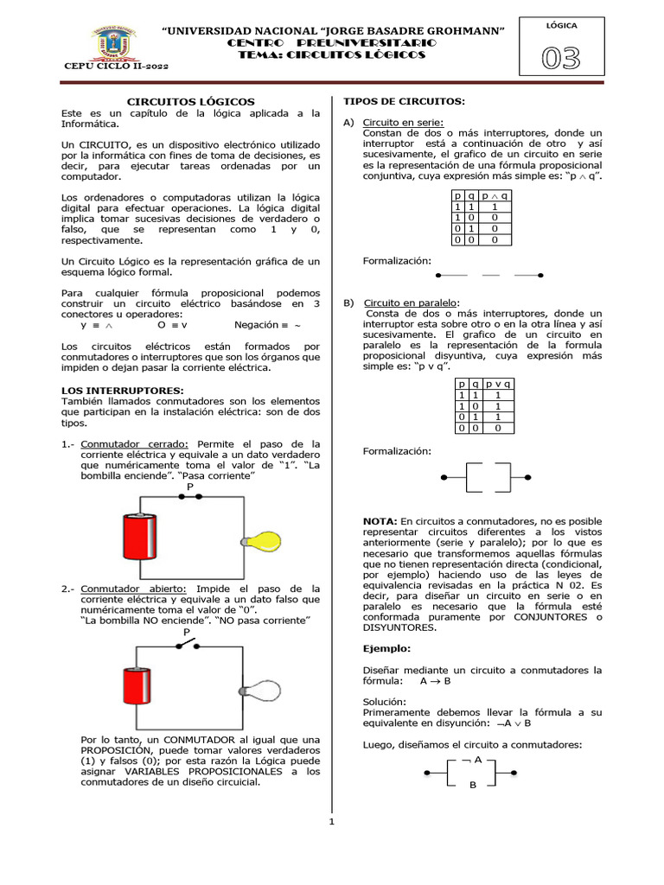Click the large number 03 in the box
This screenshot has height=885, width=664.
click(560, 59)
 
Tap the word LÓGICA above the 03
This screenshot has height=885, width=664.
click(561, 26)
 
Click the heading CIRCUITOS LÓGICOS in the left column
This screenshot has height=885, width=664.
click(191, 101)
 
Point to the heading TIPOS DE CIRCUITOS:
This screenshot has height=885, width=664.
click(405, 101)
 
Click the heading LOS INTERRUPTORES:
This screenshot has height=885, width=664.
click(123, 391)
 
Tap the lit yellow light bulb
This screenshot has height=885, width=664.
click(265, 540)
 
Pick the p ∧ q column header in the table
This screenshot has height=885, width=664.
click(494, 195)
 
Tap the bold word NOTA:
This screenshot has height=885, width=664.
click(380, 521)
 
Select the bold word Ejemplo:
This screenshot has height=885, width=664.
click(386, 647)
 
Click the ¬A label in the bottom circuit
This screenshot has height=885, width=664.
click(473, 760)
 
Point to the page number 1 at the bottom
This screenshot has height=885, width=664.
click(331, 822)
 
